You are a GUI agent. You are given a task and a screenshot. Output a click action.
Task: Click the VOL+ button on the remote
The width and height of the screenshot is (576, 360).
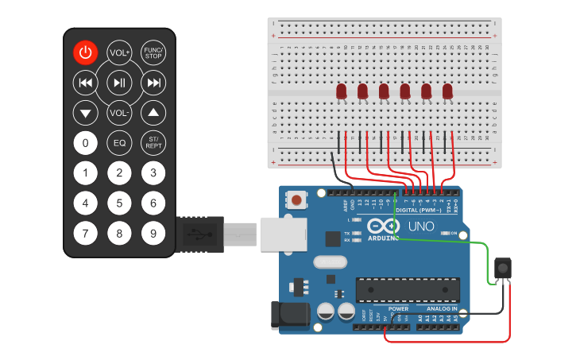pyautogui.click(x=119, y=52)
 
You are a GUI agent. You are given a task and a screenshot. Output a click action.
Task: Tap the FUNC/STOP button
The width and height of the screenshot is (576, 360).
pyautogui.click(x=153, y=52)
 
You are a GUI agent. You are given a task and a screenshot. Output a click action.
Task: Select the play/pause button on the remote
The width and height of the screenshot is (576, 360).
pyautogui.click(x=119, y=82)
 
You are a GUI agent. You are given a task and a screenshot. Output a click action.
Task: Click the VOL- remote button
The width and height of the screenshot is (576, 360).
pyautogui.click(x=119, y=113)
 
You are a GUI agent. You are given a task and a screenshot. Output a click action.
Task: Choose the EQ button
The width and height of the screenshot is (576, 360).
pyautogui.click(x=119, y=143)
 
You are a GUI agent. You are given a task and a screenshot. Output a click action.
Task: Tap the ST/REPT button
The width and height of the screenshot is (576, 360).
pyautogui.click(x=153, y=143)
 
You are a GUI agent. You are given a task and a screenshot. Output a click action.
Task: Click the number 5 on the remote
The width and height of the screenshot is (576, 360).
pyautogui.click(x=119, y=203)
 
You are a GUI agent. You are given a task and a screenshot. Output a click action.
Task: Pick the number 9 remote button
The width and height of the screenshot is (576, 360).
pyautogui.click(x=153, y=234)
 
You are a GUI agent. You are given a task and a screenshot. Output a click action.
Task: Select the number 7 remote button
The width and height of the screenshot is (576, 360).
pyautogui.click(x=85, y=234)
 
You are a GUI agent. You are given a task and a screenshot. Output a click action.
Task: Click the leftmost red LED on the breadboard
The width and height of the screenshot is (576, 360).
pyautogui.click(x=342, y=91)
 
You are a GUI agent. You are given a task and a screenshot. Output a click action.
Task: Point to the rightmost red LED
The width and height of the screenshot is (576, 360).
pyautogui.click(x=447, y=91)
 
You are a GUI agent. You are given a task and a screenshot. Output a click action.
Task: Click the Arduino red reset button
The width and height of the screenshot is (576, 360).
pyautogui.click(x=297, y=199)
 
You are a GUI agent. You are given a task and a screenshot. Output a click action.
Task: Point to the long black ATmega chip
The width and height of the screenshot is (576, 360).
pyautogui.click(x=408, y=290)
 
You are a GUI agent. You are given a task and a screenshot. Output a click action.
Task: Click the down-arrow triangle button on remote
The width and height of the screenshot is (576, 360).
pyautogui.click(x=85, y=113)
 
